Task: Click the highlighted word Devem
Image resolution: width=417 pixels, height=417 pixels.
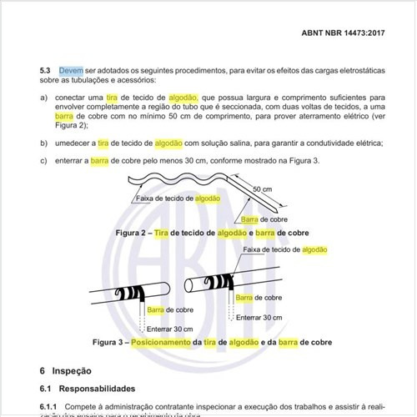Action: point(70,71)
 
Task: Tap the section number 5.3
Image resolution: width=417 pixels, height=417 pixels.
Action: point(47,71)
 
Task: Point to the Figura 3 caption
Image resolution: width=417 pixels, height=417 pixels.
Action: point(208,342)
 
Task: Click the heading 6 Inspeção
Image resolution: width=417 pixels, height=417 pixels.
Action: point(68,369)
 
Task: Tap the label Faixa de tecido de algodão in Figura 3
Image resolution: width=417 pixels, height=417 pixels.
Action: point(284,250)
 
